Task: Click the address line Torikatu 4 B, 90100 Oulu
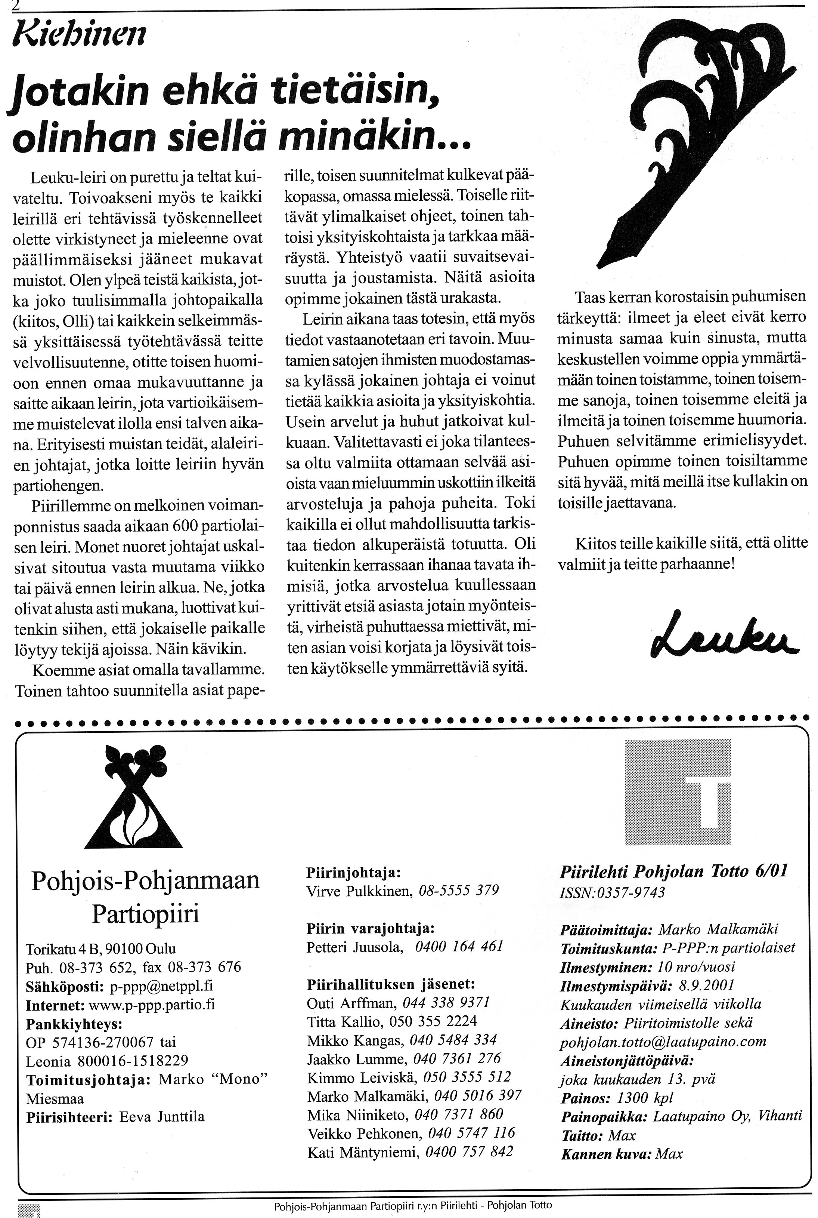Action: click(x=101, y=948)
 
